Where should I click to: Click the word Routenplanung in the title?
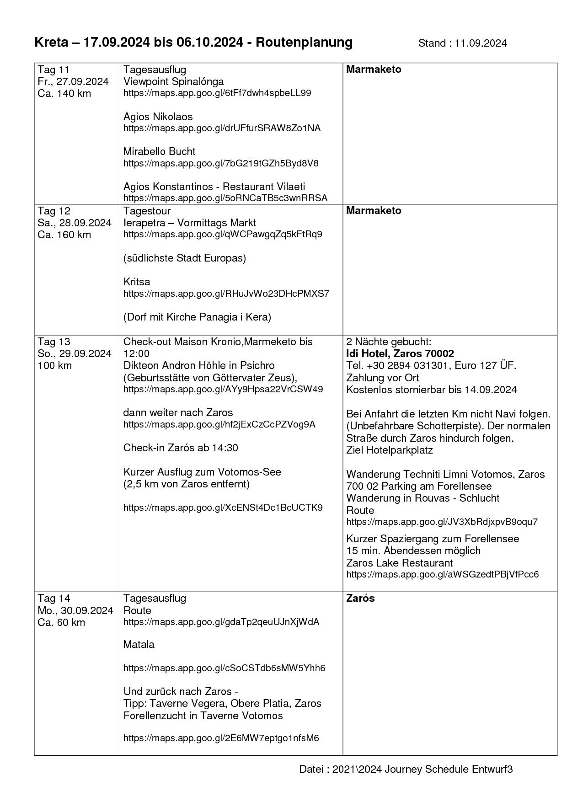tap(304, 43)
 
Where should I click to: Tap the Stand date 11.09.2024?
tap(481, 43)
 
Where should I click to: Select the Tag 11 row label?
tap(53, 70)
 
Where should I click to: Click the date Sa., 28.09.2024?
tap(75, 223)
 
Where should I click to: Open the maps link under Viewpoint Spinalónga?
tap(217, 93)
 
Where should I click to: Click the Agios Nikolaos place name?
tap(158, 117)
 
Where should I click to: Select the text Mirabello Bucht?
tap(159, 151)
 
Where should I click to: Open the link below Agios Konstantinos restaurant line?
tap(225, 198)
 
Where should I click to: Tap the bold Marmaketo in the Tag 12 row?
tap(374, 211)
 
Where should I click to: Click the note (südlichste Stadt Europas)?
tap(185, 258)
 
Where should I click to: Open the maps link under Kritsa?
tap(226, 294)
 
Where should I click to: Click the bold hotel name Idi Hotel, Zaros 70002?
tap(400, 353)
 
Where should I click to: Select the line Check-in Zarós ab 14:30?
tap(181, 448)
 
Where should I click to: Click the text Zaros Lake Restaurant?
tap(399, 563)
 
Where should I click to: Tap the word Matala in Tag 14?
tap(139, 644)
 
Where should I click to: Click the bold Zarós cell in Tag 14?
tap(360, 599)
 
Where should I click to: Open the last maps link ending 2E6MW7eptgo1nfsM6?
tap(221, 738)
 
